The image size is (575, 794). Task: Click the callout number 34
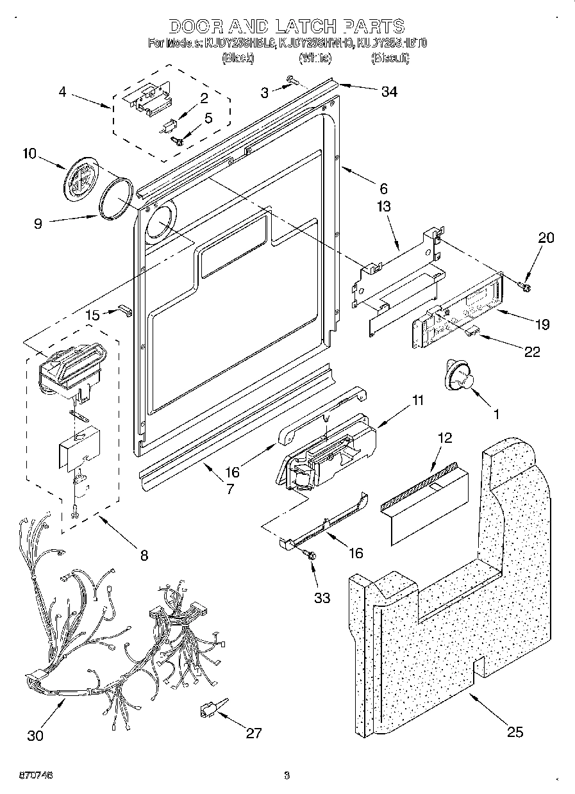click(x=388, y=92)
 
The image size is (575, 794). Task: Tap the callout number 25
click(x=515, y=732)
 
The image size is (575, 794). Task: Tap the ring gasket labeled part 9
click(x=117, y=201)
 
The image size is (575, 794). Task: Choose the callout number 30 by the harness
click(x=36, y=735)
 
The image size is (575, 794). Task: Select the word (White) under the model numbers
click(x=315, y=58)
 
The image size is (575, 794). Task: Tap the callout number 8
click(x=144, y=556)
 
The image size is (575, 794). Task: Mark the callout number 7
click(x=229, y=488)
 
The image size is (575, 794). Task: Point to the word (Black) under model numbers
click(x=238, y=58)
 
